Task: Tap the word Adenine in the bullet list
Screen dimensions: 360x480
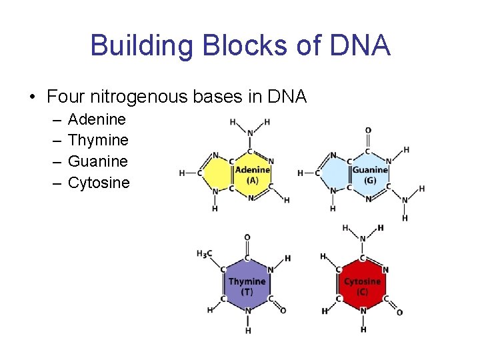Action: (x=97, y=120)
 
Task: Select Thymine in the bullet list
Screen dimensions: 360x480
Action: (x=98, y=141)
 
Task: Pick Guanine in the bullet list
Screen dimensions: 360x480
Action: (x=98, y=161)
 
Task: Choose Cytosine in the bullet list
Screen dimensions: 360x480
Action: (x=99, y=182)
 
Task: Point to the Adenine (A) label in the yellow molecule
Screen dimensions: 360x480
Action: (x=252, y=175)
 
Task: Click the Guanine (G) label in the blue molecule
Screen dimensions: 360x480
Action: (x=370, y=175)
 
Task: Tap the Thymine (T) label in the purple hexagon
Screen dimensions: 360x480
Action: (x=247, y=286)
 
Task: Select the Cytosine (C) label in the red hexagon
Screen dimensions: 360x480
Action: (x=362, y=286)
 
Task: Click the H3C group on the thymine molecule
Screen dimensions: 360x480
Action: (x=205, y=253)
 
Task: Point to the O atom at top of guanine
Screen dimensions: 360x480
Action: (x=368, y=131)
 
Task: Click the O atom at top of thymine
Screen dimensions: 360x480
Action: (x=247, y=237)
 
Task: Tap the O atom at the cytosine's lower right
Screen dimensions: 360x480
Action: (x=399, y=312)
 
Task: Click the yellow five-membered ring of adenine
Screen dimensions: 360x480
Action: (x=217, y=173)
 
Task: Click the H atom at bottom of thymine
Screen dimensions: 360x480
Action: (x=247, y=330)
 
